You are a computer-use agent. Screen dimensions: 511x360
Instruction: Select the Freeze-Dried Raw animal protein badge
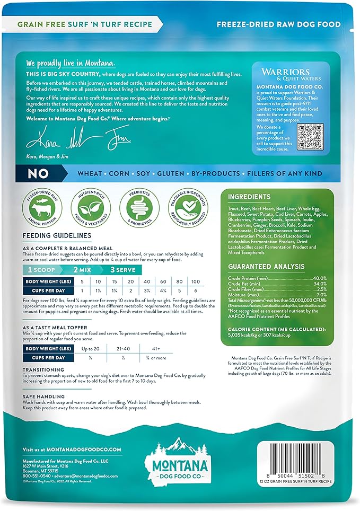point(42,204)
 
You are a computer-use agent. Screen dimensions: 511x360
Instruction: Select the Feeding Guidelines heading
point(57,235)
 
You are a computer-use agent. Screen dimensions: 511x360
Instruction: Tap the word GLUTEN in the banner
point(190,173)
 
